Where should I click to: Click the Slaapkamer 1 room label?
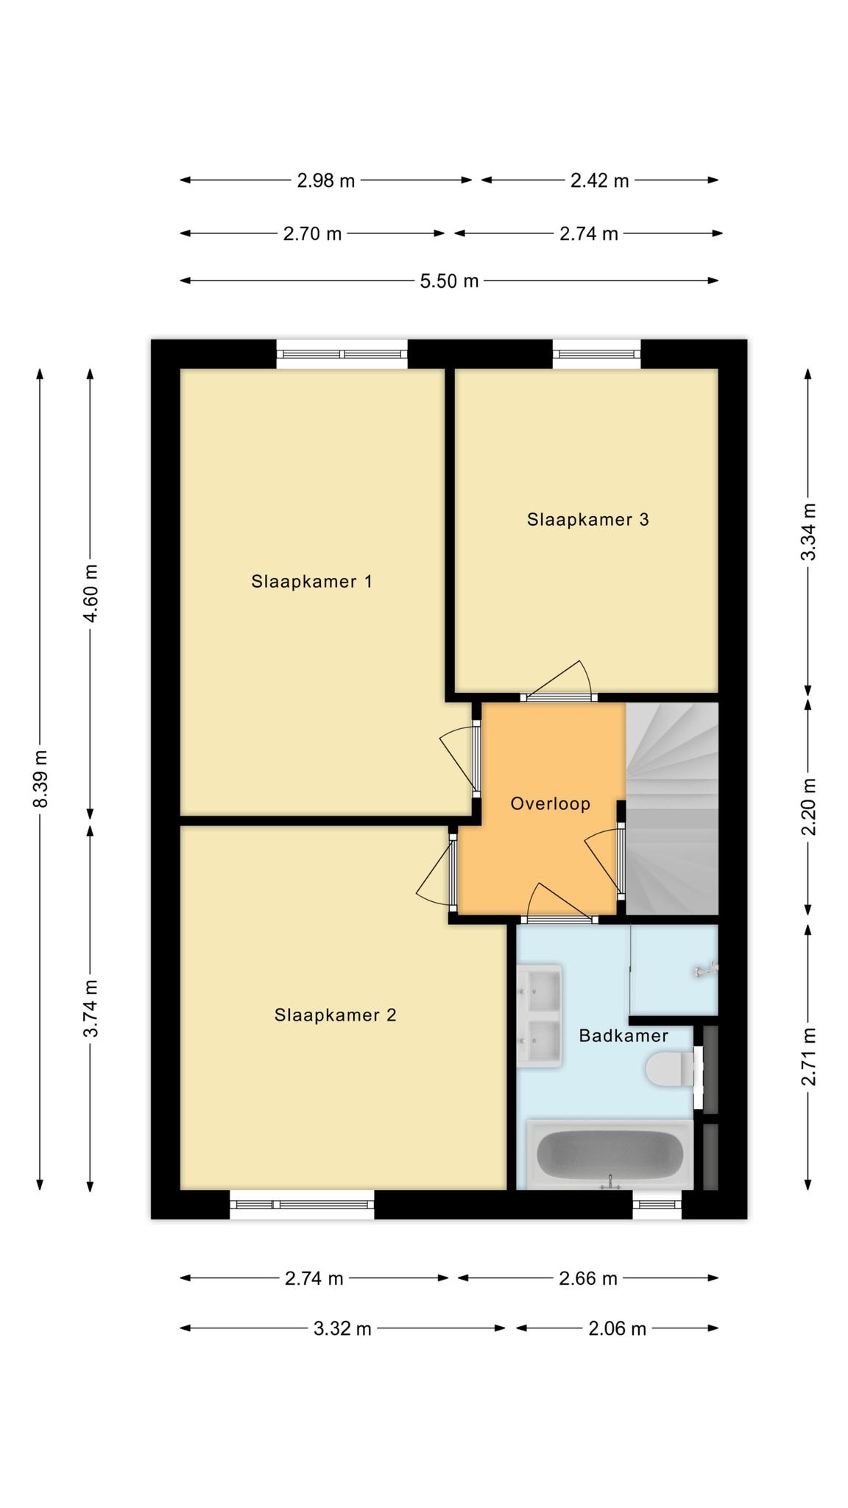(311, 582)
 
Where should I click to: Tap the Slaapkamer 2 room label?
(335, 1015)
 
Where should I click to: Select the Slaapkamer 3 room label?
(587, 520)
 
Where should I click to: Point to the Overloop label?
(551, 803)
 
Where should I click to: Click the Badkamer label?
(623, 1036)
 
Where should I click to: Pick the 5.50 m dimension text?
(449, 281)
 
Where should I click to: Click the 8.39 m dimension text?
(41, 778)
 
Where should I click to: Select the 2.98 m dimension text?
(326, 180)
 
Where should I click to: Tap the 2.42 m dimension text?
(600, 180)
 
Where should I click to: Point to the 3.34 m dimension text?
(808, 532)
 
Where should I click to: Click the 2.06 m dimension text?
(617, 1328)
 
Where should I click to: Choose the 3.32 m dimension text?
(342, 1328)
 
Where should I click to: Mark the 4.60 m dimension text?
(91, 593)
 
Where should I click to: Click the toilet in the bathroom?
(670, 1069)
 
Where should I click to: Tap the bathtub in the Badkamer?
(609, 1155)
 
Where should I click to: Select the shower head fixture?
(705, 971)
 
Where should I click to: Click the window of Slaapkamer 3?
(596, 354)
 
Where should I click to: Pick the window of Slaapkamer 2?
(302, 1205)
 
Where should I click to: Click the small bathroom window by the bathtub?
(657, 1205)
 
